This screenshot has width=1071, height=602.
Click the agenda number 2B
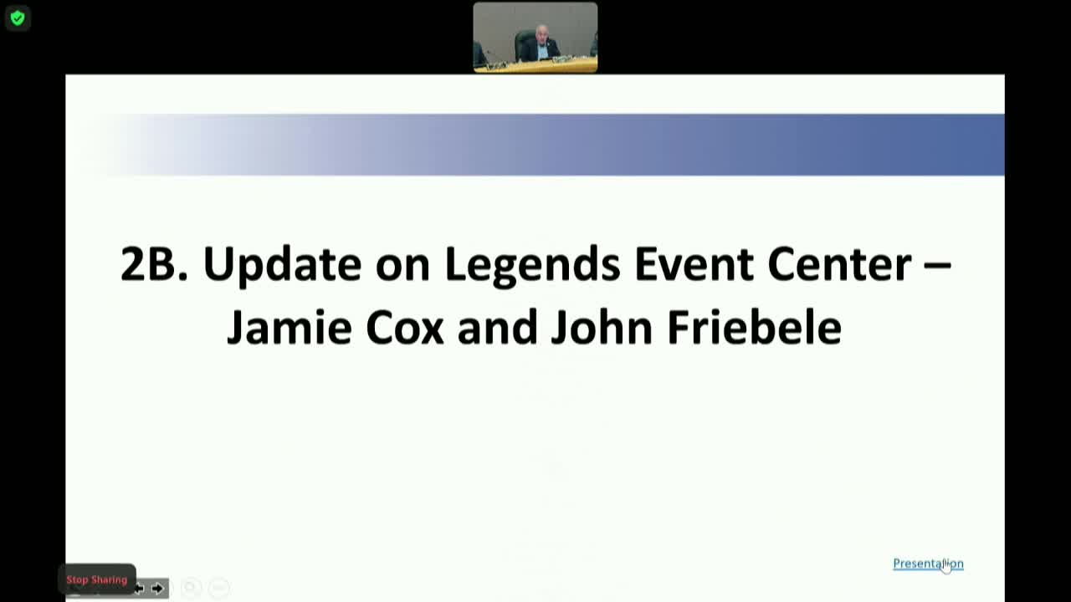154,264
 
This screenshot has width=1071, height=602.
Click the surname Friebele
754,327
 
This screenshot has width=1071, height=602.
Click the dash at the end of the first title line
937,264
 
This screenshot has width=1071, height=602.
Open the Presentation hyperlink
927,564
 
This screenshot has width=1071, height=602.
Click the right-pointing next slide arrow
157,589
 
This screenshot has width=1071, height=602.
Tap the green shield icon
18,18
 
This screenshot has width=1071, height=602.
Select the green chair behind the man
524,43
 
